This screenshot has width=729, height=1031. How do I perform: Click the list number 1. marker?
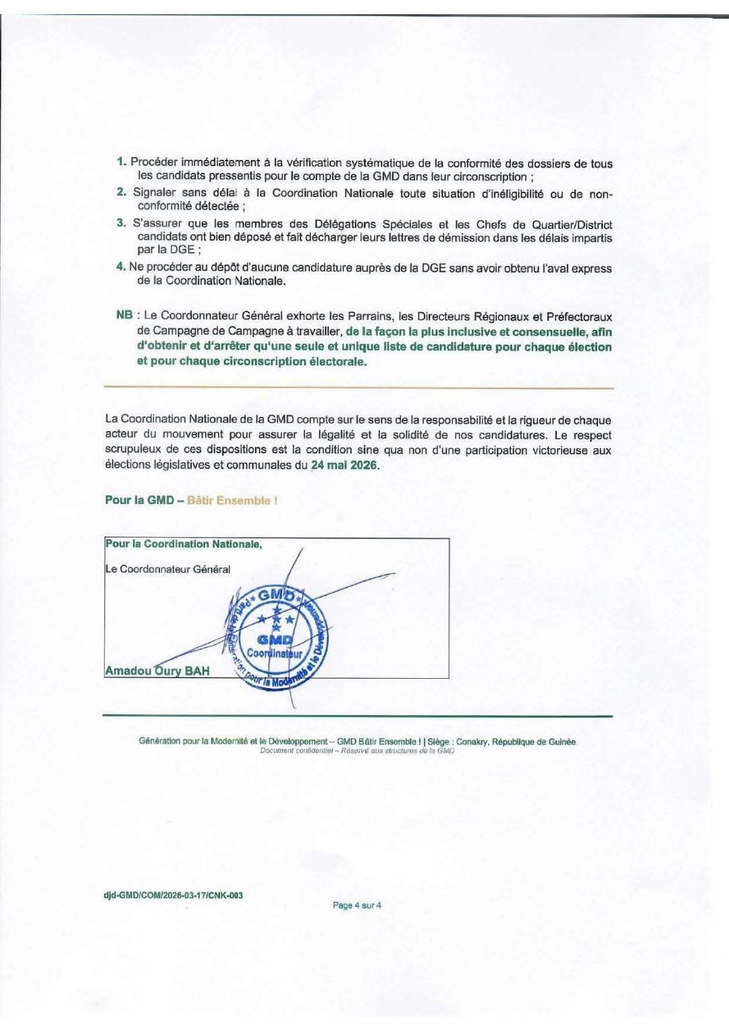122,162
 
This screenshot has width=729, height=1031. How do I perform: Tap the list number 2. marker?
122,192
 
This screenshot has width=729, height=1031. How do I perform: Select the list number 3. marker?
122,223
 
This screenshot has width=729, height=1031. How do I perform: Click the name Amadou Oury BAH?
157,671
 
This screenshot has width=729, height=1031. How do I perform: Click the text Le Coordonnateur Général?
168,569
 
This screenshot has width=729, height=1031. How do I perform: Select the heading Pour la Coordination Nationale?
183,544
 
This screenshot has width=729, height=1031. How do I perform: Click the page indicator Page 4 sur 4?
357,905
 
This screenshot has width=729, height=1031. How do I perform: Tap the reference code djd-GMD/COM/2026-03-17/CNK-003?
173,895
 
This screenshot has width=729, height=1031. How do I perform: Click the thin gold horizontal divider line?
358,388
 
